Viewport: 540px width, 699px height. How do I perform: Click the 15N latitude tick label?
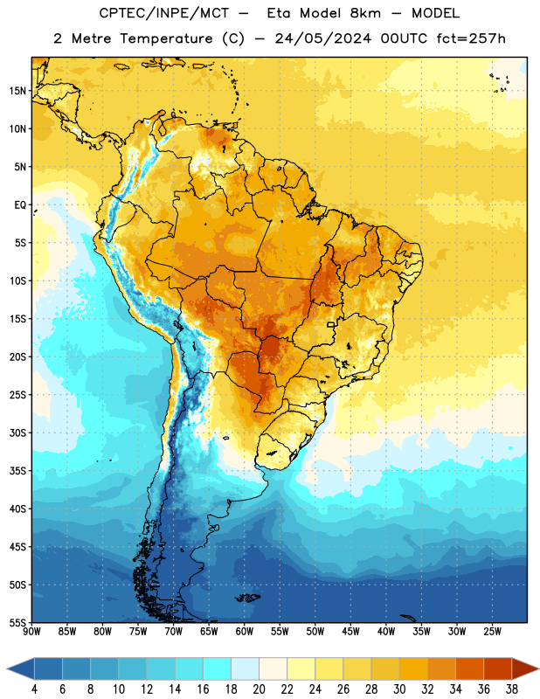18,91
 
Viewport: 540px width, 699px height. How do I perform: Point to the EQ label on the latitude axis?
20,205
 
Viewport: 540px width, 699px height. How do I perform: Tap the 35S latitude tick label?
18,471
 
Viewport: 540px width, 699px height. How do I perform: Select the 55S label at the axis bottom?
18,623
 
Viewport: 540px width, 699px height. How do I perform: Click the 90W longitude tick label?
31,632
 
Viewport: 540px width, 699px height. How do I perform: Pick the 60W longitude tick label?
245,632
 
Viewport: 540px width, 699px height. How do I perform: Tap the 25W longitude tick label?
492,632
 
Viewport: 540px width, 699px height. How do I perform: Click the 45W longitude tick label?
350,632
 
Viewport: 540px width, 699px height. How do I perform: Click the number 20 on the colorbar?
259,689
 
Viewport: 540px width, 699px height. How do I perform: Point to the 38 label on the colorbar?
512,689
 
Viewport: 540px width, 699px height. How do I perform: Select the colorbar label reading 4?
34,689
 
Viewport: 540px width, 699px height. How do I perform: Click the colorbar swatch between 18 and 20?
246,669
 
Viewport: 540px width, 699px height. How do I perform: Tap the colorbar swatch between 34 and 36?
470,669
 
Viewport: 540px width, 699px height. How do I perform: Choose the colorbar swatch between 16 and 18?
218,669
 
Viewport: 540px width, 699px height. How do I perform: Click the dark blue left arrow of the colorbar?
21,669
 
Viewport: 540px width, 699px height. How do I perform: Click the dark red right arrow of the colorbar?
526,669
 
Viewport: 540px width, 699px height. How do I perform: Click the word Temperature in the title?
166,38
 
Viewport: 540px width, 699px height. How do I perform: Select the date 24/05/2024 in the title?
322,38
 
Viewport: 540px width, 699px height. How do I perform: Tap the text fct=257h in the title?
471,38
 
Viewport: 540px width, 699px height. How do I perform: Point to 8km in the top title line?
365,13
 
